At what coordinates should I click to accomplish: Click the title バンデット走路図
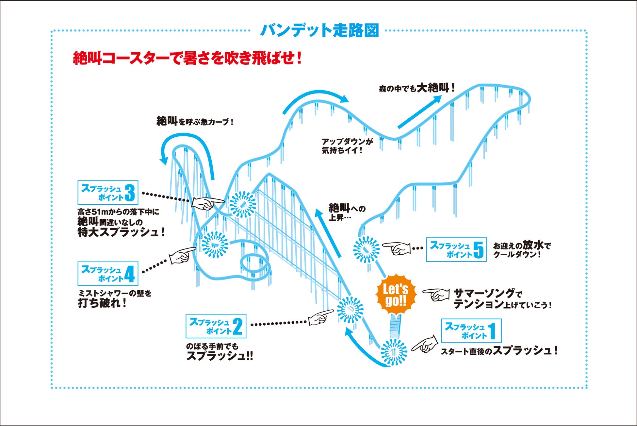[319, 30]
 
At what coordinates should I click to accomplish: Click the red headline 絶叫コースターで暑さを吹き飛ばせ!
[187, 59]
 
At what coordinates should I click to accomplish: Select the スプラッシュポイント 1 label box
[471, 331]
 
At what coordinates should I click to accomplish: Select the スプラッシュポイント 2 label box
[216, 326]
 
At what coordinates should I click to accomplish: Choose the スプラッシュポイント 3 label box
[108, 192]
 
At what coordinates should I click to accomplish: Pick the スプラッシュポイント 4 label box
[108, 273]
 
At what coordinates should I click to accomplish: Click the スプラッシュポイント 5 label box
[456, 249]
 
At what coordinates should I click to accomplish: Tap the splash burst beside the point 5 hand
[367, 249]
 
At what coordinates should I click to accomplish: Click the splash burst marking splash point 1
[394, 352]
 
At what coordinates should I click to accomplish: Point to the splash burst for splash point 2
[350, 309]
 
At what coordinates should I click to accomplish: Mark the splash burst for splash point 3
[243, 204]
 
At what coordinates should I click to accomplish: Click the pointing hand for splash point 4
[182, 255]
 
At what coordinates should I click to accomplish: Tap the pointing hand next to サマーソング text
[436, 295]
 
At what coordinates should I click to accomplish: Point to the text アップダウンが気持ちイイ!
[347, 146]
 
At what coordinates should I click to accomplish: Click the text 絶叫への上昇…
[346, 212]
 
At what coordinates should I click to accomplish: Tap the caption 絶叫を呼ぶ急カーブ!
[195, 121]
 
